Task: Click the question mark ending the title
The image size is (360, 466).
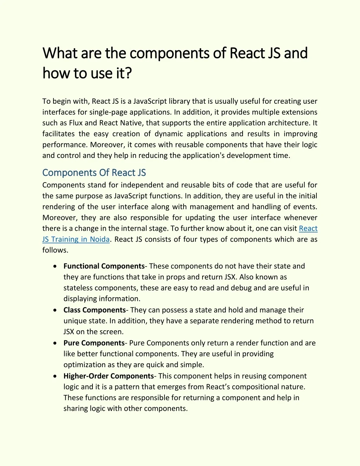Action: [128, 73]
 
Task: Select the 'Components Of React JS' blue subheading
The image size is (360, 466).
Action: [94, 173]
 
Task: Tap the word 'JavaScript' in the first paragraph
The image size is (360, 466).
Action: [150, 101]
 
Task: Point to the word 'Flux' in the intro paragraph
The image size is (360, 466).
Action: [76, 123]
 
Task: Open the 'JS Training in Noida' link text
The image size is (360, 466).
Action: [76, 240]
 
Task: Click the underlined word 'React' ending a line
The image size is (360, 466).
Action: [308, 229]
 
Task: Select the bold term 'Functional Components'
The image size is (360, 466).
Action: [104, 266]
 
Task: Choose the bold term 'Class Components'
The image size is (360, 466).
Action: [94, 310]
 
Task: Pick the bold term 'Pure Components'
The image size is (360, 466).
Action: [94, 343]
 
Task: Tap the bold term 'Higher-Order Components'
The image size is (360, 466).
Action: [108, 376]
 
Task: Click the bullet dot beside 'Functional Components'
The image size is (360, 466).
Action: [55, 266]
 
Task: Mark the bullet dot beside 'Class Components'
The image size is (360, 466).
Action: [55, 310]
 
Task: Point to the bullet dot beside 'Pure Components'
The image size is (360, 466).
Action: [55, 343]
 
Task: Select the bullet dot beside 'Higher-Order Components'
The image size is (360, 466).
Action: [55, 376]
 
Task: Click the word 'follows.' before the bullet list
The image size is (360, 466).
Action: [55, 250]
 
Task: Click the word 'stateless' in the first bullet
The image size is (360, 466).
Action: [78, 288]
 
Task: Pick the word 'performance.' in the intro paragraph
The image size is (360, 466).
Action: [64, 145]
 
